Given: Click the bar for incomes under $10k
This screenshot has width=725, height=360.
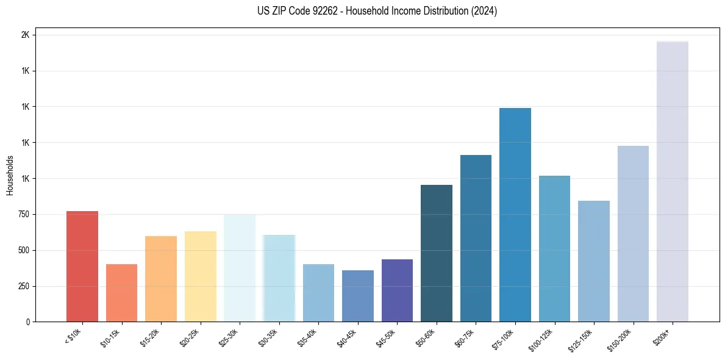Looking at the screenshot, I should click(x=82, y=266).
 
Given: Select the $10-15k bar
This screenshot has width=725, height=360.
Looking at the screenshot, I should click(x=121, y=293).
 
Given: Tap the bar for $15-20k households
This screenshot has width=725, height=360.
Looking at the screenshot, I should click(x=161, y=279).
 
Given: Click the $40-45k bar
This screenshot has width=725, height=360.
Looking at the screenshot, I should click(x=357, y=296).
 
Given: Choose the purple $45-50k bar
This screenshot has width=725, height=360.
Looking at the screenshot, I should click(x=397, y=290).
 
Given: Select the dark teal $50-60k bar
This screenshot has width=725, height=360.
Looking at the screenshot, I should click(x=436, y=253).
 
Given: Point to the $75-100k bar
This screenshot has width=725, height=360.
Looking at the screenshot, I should click(x=515, y=215).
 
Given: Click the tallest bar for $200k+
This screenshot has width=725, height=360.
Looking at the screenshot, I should click(x=672, y=181).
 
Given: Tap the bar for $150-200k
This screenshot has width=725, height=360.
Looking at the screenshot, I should click(x=633, y=234).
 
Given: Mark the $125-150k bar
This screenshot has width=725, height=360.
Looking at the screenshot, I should click(x=593, y=261).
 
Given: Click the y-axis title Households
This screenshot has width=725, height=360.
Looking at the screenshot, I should click(x=10, y=175).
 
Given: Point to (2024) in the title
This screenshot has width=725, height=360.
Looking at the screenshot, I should click(x=484, y=11).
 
